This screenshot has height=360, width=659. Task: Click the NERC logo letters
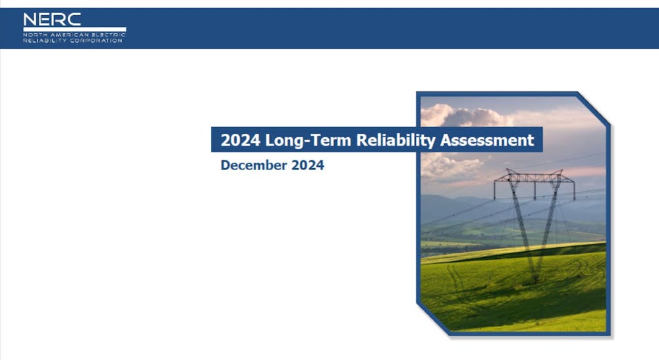pyautogui.click(x=52, y=19)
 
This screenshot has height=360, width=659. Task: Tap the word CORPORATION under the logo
pyautogui.click(x=96, y=40)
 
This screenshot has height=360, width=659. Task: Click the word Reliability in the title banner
pyautogui.click(x=396, y=140)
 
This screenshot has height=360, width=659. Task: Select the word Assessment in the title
pyautogui.click(x=487, y=140)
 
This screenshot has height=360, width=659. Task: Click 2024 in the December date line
pyautogui.click(x=308, y=165)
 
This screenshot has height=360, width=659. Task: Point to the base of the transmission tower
pyautogui.click(x=534, y=278)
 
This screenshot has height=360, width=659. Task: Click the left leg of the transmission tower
pyautogui.click(x=522, y=227)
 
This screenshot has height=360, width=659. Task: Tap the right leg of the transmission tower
pyautogui.click(x=547, y=227)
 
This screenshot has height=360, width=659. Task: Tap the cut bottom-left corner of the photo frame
pyautogui.click(x=433, y=318)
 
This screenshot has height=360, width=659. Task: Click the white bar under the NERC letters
pyautogui.click(x=74, y=30)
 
